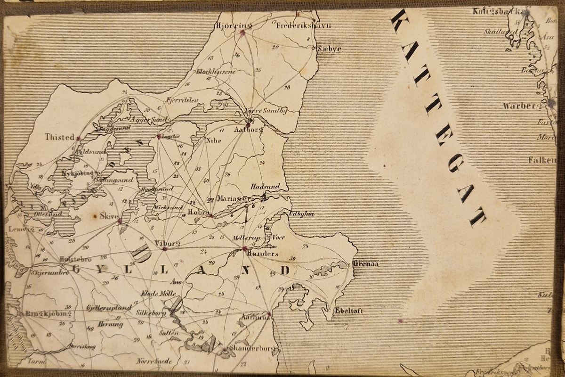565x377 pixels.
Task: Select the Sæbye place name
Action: click(x=329, y=49)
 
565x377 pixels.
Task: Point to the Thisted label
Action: click(x=60, y=138)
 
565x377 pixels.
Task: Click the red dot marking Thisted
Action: click(x=78, y=139)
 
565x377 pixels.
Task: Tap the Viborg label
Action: click(x=167, y=243)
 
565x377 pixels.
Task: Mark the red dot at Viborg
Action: click(x=165, y=249)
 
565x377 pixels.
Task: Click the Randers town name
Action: click(x=262, y=254)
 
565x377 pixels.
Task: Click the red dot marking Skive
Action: click(x=119, y=221)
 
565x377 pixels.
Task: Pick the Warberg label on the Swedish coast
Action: click(x=521, y=106)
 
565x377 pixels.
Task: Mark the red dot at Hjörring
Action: click(x=242, y=33)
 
